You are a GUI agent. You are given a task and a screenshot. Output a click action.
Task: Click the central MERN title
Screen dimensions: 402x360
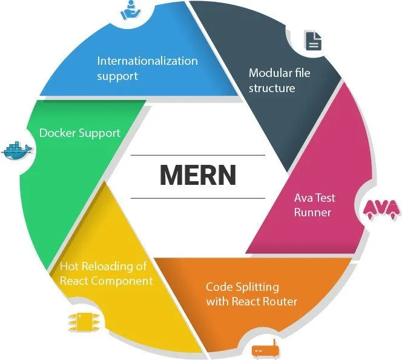198,175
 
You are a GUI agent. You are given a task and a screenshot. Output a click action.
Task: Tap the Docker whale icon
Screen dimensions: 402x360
18,151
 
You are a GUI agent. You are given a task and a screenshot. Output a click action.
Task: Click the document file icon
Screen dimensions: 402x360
313,41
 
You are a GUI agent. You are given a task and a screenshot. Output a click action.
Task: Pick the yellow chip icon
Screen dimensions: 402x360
83,321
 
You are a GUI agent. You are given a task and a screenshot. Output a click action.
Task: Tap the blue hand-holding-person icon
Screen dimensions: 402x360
131,10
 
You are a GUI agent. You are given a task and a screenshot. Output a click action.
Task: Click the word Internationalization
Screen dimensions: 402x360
147,61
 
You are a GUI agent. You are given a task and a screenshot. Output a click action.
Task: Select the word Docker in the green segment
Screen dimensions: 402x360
58,133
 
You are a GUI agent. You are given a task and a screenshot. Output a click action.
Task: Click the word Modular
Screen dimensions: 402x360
270,73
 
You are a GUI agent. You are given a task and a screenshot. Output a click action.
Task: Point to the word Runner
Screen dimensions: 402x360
312,213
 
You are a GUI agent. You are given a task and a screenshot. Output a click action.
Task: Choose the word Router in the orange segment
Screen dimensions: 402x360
280,301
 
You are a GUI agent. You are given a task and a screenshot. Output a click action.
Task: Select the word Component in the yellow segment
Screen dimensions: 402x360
122,281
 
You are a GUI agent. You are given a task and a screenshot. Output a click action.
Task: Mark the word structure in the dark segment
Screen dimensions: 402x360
272,88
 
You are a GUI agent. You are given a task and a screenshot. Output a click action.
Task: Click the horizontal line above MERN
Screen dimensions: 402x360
197,155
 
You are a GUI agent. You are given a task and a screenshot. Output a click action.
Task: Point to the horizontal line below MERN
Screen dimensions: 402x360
197,198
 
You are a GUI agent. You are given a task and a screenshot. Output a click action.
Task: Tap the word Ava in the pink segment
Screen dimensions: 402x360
303,198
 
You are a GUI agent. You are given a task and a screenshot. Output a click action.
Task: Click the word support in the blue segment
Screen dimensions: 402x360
117,76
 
